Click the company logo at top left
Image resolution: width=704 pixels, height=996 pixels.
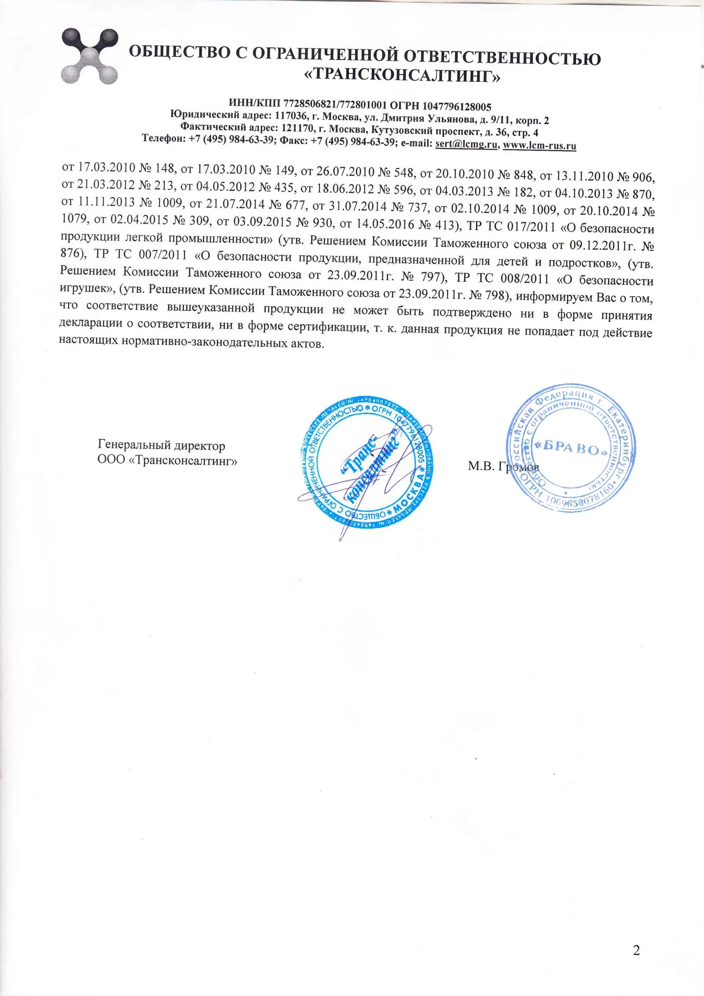89,56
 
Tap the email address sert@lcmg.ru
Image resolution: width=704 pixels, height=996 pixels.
466,144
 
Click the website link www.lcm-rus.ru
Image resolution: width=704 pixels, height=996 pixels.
539,145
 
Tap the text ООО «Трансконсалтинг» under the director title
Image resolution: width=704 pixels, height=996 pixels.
167,460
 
